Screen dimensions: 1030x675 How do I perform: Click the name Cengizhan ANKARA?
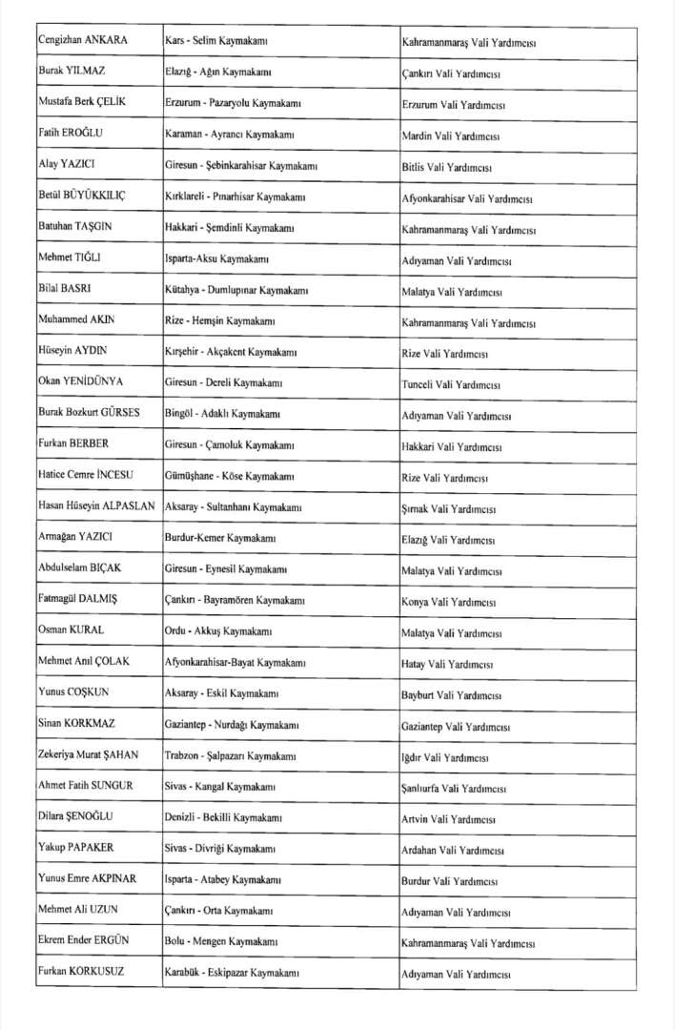83,41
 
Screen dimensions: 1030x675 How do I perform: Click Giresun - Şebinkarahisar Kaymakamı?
241,166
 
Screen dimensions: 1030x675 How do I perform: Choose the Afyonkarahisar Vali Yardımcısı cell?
467,198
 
